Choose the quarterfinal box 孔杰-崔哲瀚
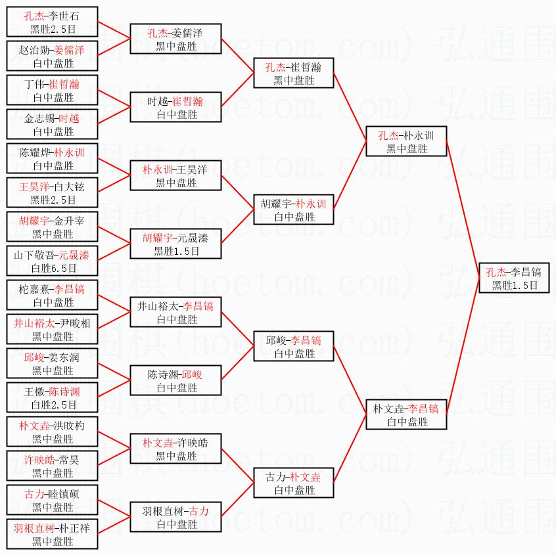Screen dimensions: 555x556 [294, 74]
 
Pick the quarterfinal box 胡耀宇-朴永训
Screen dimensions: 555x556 [294, 210]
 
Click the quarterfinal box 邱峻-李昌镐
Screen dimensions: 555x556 [294, 347]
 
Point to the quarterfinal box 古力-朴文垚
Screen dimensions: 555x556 [294, 483]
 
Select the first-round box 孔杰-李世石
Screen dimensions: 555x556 [53, 22]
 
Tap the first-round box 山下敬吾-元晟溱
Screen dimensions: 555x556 [53, 261]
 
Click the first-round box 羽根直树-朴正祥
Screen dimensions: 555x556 [53, 535]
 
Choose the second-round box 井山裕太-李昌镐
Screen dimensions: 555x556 [176, 313]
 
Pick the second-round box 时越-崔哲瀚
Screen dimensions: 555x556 [176, 108]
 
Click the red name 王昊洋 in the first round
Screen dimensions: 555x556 [34, 187]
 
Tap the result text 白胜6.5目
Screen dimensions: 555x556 [53, 268]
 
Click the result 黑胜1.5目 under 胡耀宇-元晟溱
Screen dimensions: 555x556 [176, 251]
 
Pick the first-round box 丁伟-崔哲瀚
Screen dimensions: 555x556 [53, 91]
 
